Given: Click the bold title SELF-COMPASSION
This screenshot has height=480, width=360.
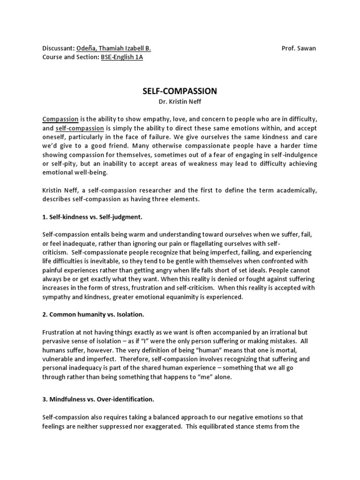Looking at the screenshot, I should [180, 91].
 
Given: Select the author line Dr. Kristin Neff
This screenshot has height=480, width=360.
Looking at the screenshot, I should [180, 102].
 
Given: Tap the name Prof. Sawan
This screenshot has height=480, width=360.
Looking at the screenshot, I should [299, 49].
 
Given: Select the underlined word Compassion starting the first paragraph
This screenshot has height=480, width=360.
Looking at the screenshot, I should [60, 120].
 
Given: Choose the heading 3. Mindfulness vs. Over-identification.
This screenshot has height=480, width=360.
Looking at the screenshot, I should [98, 399].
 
